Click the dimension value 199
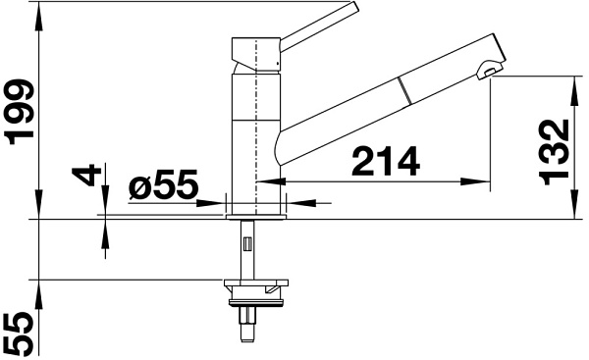[x=19, y=112]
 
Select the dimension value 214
[x=386, y=162]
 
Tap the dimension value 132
[x=554, y=152]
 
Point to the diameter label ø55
[x=163, y=184]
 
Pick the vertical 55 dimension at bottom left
[x=19, y=334]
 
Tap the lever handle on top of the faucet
[x=319, y=26]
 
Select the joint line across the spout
[x=404, y=90]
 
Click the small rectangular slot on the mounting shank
[x=247, y=244]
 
